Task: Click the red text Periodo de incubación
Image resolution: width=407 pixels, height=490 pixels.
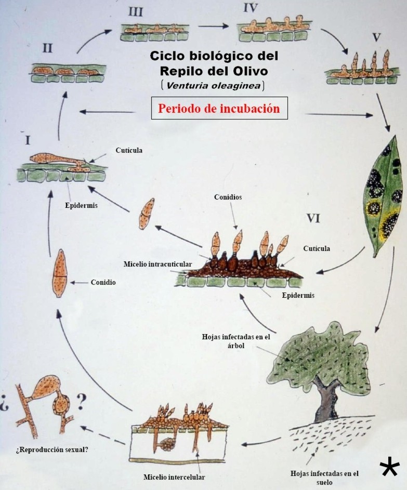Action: pyautogui.click(x=219, y=109)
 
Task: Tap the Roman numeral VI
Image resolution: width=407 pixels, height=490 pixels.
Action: pyautogui.click(x=313, y=218)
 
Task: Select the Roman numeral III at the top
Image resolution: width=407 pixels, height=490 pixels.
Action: pyautogui.click(x=135, y=11)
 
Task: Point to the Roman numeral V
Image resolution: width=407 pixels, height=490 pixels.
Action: pyautogui.click(x=376, y=37)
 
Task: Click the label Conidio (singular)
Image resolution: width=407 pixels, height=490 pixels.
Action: pyautogui.click(x=103, y=282)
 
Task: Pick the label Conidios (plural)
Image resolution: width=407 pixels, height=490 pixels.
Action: pyautogui.click(x=228, y=197)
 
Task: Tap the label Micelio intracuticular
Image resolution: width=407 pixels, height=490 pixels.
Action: pyautogui.click(x=157, y=264)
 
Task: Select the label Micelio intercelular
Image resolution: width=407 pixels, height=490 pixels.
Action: pyautogui.click(x=174, y=477)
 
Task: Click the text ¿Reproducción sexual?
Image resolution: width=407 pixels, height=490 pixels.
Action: pyautogui.click(x=52, y=449)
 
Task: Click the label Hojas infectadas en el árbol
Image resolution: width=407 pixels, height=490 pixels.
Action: pyautogui.click(x=236, y=341)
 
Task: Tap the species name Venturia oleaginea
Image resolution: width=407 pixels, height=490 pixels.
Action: pyautogui.click(x=214, y=85)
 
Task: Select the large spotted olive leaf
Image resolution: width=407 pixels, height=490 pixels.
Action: pyautogui.click(x=384, y=196)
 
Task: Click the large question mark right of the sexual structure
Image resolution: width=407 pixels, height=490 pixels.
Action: pyautogui.click(x=81, y=401)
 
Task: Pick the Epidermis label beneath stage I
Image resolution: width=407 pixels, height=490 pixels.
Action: pyautogui.click(x=81, y=205)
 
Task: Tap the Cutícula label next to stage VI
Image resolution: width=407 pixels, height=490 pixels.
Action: pyautogui.click(x=317, y=248)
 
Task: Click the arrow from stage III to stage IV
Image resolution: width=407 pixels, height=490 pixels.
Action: pyautogui.click(x=214, y=27)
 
